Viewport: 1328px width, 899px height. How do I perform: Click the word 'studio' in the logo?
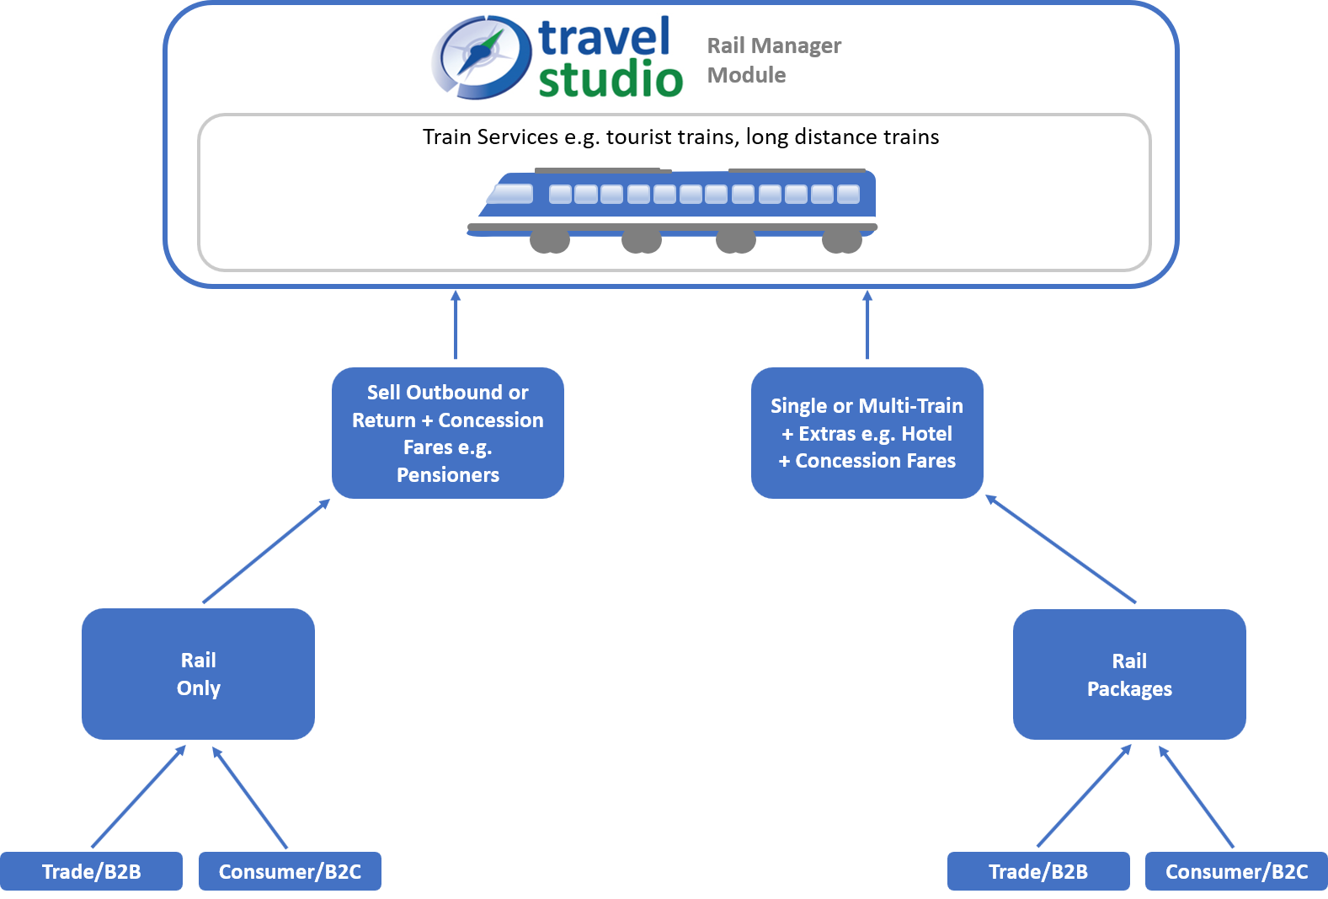pyautogui.click(x=610, y=80)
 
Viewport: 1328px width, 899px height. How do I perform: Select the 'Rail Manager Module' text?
pyautogui.click(x=773, y=60)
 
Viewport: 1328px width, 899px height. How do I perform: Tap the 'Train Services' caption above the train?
pyautogui.click(x=680, y=136)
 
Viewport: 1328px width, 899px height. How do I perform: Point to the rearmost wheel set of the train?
pyautogui.click(x=841, y=241)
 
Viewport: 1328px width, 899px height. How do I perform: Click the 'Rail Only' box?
pyautogui.click(x=198, y=673)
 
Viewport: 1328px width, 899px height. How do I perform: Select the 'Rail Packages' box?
pyautogui.click(x=1129, y=674)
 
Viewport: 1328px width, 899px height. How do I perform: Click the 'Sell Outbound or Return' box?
pyautogui.click(x=447, y=432)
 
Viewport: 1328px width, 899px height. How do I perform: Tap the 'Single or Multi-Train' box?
pyautogui.click(x=867, y=432)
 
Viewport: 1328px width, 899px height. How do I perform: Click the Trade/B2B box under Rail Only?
pyautogui.click(x=91, y=871)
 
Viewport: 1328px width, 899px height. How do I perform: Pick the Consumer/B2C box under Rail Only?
pyautogui.click(x=290, y=871)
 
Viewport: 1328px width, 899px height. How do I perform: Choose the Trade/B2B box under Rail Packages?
pyautogui.click(x=1037, y=871)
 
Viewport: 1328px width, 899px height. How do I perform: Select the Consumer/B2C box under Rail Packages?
pyautogui.click(x=1236, y=871)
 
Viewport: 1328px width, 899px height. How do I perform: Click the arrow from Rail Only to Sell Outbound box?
pyautogui.click(x=265, y=552)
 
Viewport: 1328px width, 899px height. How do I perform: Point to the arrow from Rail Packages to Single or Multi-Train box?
pyautogui.click(x=1061, y=549)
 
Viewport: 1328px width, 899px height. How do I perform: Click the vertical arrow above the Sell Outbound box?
pyautogui.click(x=456, y=327)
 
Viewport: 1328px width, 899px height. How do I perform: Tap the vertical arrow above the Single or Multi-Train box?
pyautogui.click(x=867, y=327)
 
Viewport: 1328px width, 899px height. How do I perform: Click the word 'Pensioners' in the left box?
pyautogui.click(x=447, y=475)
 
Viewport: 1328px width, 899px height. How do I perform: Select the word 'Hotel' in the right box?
pyautogui.click(x=926, y=434)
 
